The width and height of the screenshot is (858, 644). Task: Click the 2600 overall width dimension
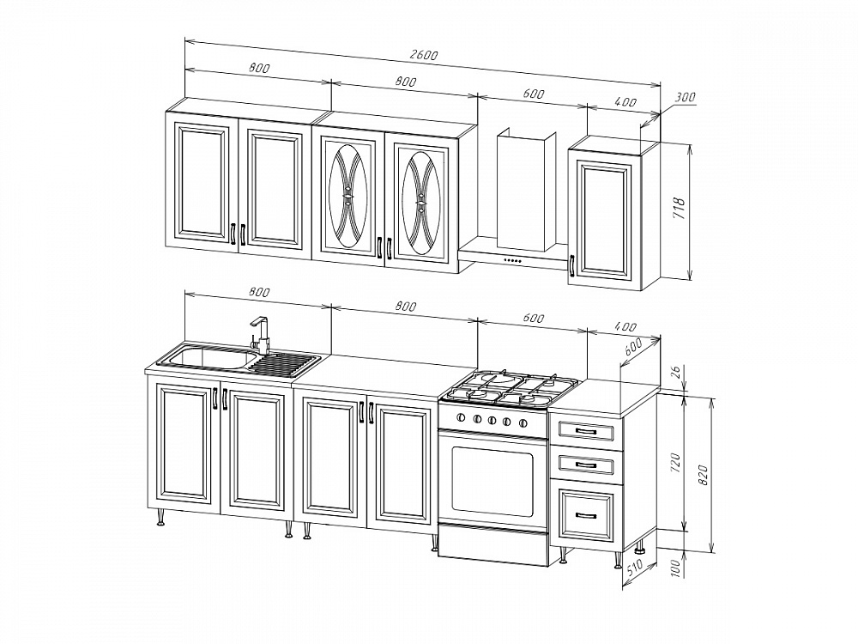pos(424,55)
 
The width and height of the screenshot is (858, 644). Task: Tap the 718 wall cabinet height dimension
pos(678,208)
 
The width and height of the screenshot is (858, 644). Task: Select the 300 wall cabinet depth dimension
pos(685,97)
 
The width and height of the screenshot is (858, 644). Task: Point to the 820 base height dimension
pos(704,475)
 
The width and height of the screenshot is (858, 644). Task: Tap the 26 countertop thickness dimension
pos(675,373)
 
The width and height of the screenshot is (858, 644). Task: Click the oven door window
pos(492,480)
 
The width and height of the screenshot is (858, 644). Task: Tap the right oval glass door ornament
pos(421,203)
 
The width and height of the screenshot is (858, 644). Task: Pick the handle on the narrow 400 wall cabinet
pos(572,266)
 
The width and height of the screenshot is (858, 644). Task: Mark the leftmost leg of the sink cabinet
pos(160,516)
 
